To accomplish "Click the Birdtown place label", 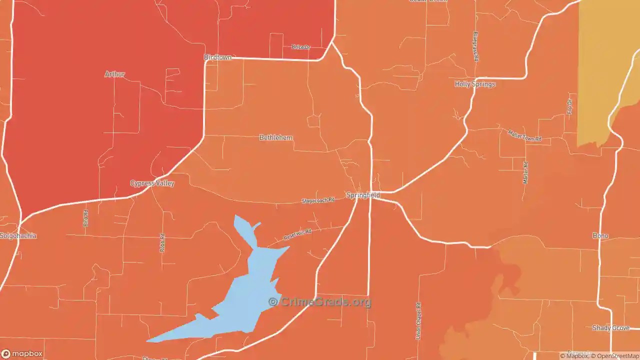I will (x=217, y=57).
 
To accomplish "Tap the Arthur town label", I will (x=114, y=74).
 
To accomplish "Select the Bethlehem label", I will (x=276, y=137).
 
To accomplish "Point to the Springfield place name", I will (x=363, y=195).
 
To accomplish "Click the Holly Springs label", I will (x=475, y=84).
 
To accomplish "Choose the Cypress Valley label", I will (x=152, y=183).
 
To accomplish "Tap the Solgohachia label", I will (x=18, y=235).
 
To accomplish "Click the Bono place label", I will (x=600, y=235).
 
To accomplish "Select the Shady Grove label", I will (x=610, y=328).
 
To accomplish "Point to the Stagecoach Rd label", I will (x=317, y=200).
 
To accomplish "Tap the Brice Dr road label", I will (x=300, y=47).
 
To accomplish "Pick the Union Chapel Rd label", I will (x=418, y=320).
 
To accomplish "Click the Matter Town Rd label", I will (x=524, y=135).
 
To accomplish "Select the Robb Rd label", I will (x=162, y=242).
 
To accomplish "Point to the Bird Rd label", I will (x=85, y=218).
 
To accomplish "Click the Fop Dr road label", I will (x=569, y=106).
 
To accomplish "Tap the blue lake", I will (x=250, y=290).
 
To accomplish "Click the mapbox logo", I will (x=22, y=353).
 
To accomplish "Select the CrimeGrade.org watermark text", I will (x=320, y=302).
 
